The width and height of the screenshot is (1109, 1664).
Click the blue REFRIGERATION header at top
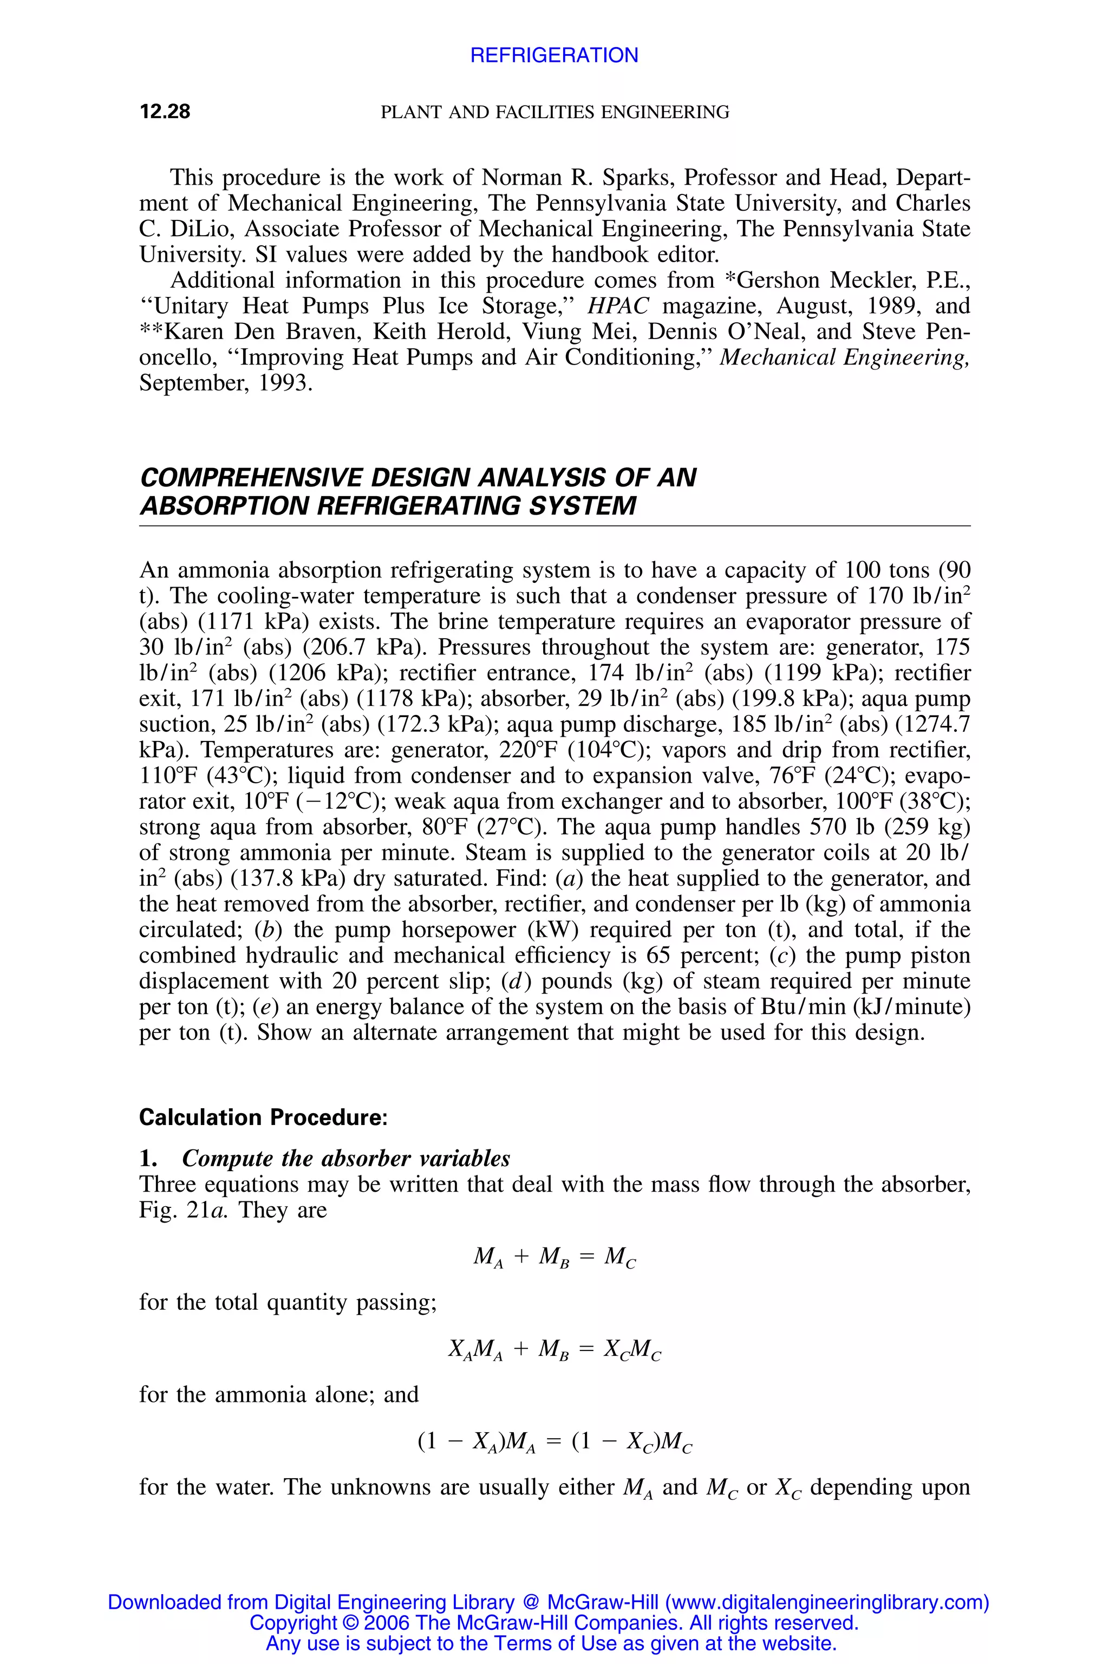[554, 55]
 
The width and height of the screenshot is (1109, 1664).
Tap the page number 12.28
[165, 112]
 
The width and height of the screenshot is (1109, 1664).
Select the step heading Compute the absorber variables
[346, 1159]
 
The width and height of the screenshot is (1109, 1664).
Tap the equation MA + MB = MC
[554, 1257]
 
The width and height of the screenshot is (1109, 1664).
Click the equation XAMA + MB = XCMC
[554, 1350]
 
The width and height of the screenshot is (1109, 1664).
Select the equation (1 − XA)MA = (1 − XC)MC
[554, 1442]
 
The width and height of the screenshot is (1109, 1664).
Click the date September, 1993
[225, 383]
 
